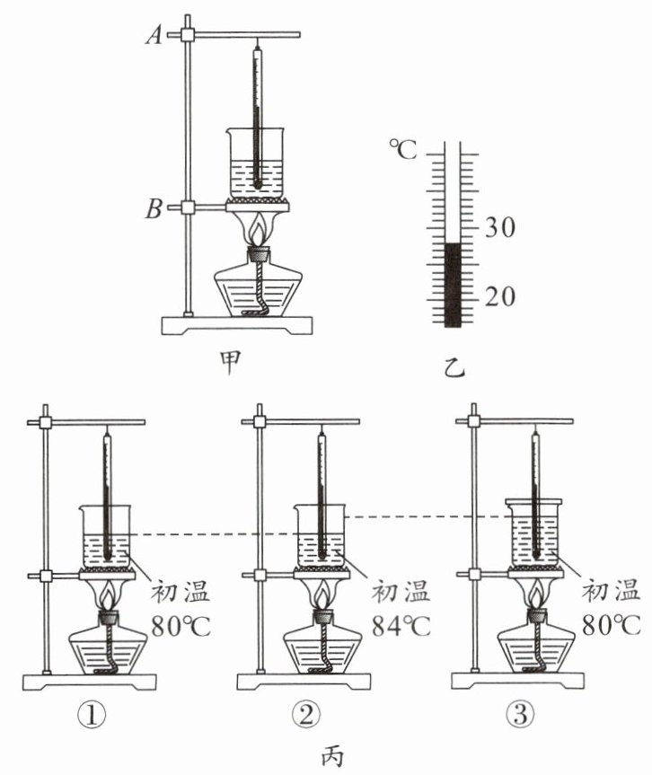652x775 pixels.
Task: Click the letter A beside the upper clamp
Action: (x=154, y=35)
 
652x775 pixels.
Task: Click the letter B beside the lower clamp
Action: (x=154, y=208)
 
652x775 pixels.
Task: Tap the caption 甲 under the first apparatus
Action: (x=230, y=364)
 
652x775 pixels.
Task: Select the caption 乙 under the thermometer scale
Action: (x=454, y=367)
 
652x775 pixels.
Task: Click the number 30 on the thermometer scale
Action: (x=499, y=227)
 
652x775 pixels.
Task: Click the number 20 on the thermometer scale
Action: (x=499, y=296)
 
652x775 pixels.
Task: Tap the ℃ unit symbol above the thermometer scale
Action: (x=403, y=149)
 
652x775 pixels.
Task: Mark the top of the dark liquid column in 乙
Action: (x=453, y=243)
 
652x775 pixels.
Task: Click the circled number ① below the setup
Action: (x=92, y=715)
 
